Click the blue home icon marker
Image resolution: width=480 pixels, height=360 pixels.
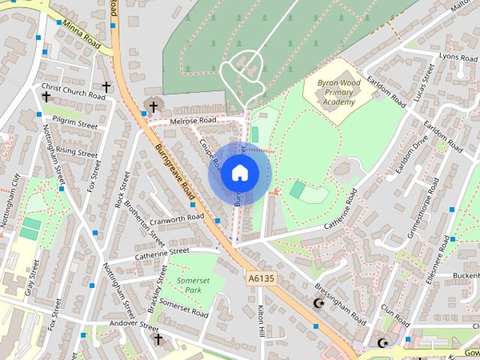point(239,173)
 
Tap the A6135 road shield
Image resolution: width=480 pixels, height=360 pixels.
point(261,278)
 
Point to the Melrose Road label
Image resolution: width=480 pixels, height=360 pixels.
point(193,121)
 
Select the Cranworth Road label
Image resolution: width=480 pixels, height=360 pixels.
point(177,217)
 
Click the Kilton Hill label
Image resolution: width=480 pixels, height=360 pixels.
point(261,319)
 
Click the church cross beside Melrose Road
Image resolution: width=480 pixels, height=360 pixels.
point(154,106)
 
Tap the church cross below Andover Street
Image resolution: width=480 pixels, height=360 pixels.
point(157,339)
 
